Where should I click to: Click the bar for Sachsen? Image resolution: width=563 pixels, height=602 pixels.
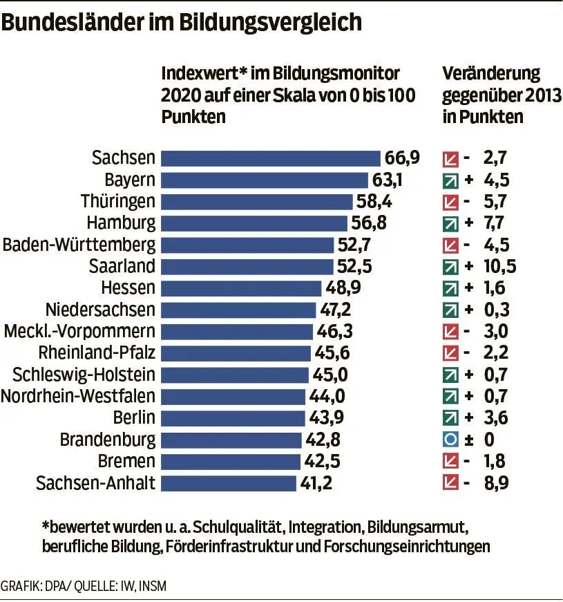click(x=270, y=158)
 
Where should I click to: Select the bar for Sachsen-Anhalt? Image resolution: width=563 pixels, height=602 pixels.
click(x=228, y=482)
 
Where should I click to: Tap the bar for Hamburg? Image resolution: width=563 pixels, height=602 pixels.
click(x=254, y=223)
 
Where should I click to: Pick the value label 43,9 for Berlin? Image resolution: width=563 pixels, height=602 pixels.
click(x=325, y=417)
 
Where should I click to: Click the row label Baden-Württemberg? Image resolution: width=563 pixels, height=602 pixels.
click(x=79, y=245)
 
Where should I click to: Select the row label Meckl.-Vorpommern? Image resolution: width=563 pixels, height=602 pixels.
click(x=79, y=331)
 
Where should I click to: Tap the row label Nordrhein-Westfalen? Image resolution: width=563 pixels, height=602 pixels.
click(x=78, y=396)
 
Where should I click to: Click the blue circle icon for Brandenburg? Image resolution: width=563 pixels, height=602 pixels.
click(x=450, y=440)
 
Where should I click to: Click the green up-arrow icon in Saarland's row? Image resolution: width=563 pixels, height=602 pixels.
click(x=450, y=267)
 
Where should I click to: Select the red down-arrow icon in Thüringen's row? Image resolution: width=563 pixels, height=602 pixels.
click(x=450, y=202)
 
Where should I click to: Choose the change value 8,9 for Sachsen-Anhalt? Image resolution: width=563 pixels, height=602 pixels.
click(x=497, y=482)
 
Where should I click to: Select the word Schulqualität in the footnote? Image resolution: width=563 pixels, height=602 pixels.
click(x=241, y=527)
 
